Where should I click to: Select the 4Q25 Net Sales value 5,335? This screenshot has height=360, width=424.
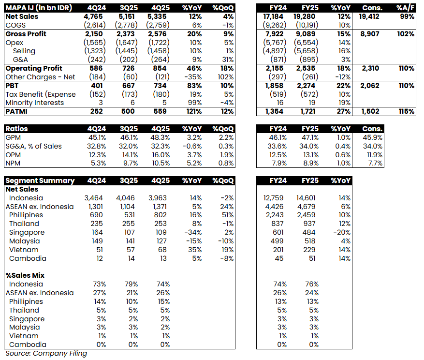[160, 16]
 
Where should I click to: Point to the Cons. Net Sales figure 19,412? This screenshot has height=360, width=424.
[369, 16]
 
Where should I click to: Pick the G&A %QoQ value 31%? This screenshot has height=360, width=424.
[227, 60]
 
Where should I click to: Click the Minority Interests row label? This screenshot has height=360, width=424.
[34, 103]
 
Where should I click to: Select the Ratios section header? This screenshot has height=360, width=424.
[16, 129]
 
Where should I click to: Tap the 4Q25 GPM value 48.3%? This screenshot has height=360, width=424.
[160, 137]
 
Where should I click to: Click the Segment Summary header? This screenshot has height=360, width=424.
[40, 180]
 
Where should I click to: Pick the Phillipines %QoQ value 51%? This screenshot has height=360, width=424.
[227, 215]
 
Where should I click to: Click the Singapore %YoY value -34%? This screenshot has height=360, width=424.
[193, 232]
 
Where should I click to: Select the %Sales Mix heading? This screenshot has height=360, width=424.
[25, 275]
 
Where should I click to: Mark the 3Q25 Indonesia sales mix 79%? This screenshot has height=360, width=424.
[130, 284]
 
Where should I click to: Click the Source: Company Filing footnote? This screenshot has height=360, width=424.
[46, 353]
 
